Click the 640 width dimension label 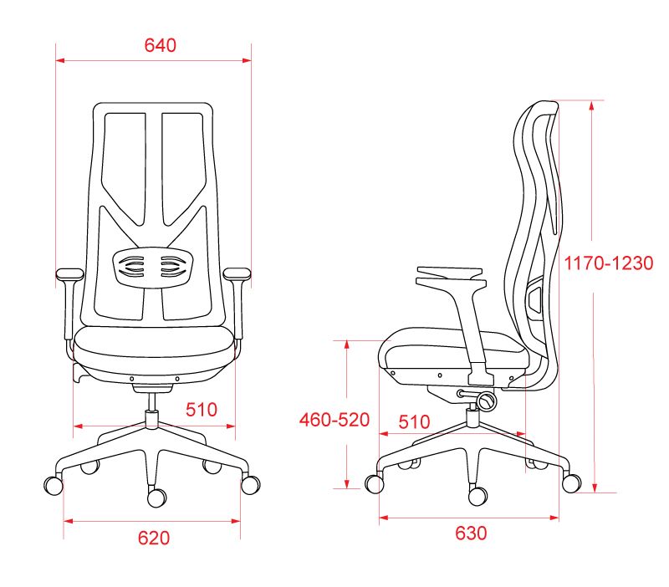click(161, 45)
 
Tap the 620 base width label click(154, 538)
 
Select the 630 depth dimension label click(471, 533)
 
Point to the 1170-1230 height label click(609, 263)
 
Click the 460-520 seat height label click(334, 420)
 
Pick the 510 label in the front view click(202, 410)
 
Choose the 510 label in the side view click(414, 422)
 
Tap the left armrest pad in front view click(69, 274)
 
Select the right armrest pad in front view click(237, 274)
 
